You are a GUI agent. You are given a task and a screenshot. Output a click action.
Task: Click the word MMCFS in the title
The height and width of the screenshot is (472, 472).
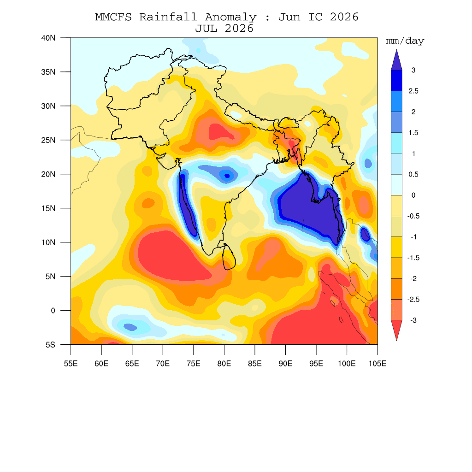click(113, 17)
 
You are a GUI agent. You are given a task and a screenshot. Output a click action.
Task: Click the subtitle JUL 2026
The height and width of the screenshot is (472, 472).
click(224, 29)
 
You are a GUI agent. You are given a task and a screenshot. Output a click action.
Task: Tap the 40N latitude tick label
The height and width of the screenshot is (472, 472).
click(48, 38)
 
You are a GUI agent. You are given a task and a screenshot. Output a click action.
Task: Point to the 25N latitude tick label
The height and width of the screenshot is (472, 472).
click(48, 140)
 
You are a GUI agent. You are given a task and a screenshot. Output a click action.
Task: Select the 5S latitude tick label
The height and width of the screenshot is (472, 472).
click(51, 345)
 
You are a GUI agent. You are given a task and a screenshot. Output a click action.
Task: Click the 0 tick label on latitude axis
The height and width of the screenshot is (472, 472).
click(53, 311)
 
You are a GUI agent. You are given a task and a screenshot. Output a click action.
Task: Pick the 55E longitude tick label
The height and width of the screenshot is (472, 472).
click(71, 364)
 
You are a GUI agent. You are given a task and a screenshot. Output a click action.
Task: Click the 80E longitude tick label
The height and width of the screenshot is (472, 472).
click(224, 364)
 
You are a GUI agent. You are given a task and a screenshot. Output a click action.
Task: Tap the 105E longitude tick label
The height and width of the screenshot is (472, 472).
click(378, 364)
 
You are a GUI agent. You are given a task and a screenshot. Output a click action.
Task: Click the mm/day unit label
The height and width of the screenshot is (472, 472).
click(405, 41)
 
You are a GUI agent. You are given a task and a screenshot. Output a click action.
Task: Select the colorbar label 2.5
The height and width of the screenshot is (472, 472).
click(413, 91)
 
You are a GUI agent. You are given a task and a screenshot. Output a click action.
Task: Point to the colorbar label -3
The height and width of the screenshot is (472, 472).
click(413, 320)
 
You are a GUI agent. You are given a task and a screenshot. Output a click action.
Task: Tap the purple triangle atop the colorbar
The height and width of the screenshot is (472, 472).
click(396, 60)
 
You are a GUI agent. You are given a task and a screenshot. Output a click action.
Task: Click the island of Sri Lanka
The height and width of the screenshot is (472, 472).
click(229, 257)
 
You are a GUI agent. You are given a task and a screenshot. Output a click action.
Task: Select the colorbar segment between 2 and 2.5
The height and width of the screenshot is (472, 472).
click(396, 101)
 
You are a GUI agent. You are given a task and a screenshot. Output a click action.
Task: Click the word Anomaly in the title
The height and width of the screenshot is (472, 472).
click(231, 17)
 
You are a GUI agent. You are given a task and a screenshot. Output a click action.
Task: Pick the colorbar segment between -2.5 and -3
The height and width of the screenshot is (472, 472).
click(396, 310)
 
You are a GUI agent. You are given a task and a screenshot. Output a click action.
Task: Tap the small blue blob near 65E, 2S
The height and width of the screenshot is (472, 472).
click(130, 327)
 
